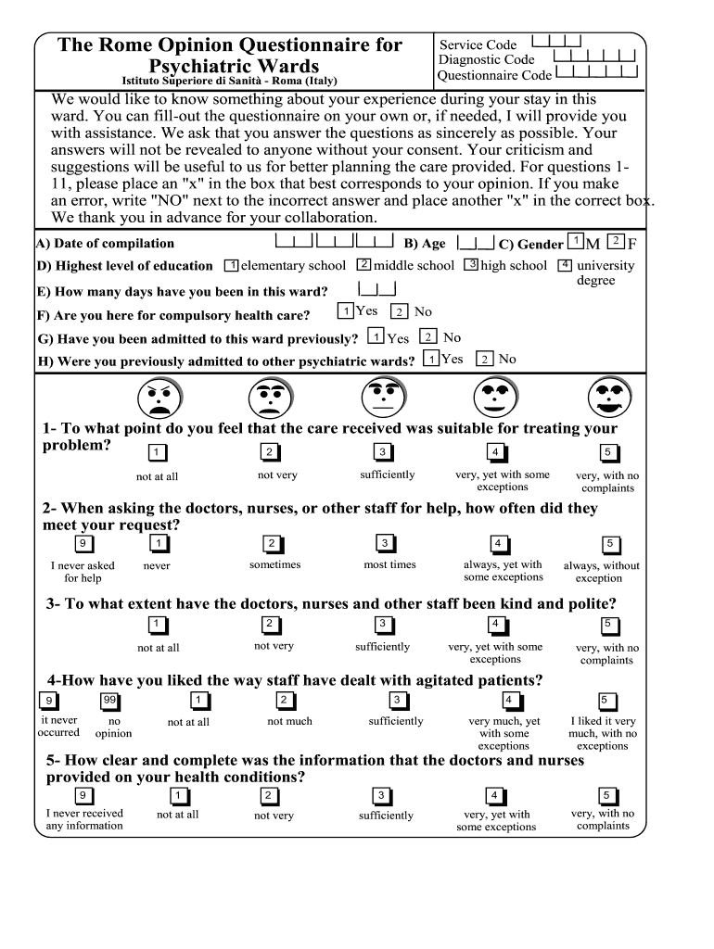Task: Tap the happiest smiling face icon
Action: pyautogui.click(x=609, y=399)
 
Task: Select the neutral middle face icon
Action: pyautogui.click(x=382, y=399)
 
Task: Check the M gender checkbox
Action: pyautogui.click(x=577, y=242)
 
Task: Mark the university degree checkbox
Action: pyautogui.click(x=564, y=265)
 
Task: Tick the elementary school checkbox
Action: pyautogui.click(x=232, y=266)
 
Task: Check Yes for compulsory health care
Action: pyautogui.click(x=345, y=311)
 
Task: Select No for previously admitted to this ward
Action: pyautogui.click(x=427, y=337)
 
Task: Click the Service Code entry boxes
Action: pyautogui.click(x=556, y=42)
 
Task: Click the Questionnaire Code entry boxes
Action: pyautogui.click(x=598, y=71)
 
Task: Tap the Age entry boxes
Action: pyautogui.click(x=476, y=244)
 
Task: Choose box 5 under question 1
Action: pyautogui.click(x=608, y=452)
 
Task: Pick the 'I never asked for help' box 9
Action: pyautogui.click(x=83, y=544)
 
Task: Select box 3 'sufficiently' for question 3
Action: pyautogui.click(x=382, y=624)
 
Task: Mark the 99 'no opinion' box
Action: pyautogui.click(x=109, y=701)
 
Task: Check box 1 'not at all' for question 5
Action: pyautogui.click(x=177, y=796)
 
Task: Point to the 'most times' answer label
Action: pyautogui.click(x=389, y=565)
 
